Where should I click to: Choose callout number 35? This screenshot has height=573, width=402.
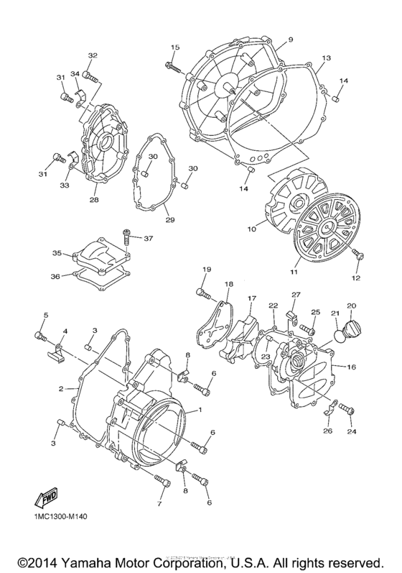56,253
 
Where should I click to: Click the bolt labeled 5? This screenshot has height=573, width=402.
40,336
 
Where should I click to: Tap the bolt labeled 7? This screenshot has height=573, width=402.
163,480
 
